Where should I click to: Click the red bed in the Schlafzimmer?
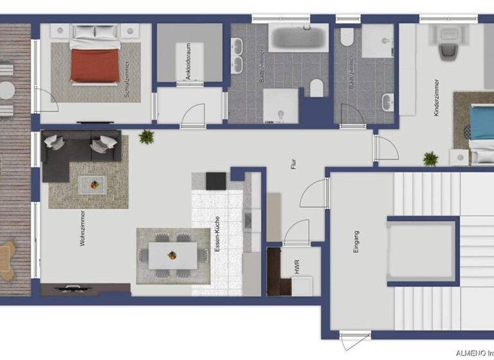coord(95,64)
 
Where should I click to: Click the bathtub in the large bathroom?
coord(298,38)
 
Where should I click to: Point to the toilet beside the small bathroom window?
coord(347,38)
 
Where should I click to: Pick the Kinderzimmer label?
coord(437,97)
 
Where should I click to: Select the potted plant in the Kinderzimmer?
coord(430,158)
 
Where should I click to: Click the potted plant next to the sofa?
coord(147,136)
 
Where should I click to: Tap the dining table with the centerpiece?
coord(172,255)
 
